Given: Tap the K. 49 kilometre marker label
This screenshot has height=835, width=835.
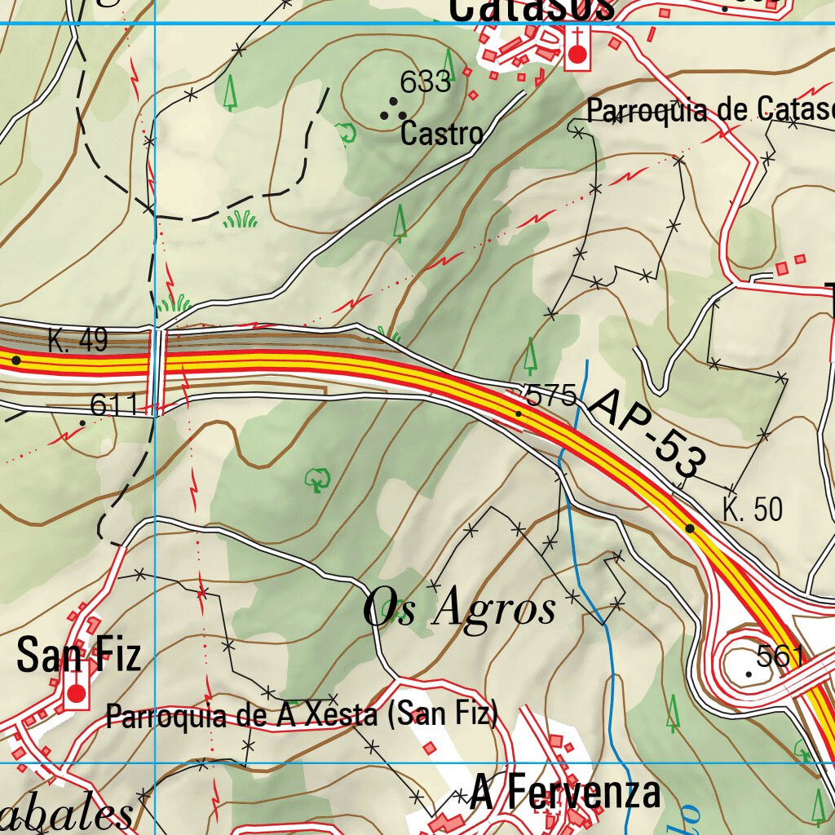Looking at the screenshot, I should (77, 340).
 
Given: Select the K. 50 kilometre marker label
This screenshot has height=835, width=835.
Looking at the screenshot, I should (752, 509).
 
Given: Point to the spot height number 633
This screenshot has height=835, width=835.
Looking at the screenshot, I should (425, 82).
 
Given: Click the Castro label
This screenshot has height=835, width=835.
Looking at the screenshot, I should (441, 133).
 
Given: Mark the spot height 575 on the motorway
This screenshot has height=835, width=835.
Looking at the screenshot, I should (551, 396).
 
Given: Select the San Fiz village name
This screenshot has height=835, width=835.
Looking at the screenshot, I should (79, 656).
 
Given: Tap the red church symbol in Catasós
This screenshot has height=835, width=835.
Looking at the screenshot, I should (577, 54).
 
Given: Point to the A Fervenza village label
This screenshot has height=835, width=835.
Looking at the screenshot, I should (565, 792).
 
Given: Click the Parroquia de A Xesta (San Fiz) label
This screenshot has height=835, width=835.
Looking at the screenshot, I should (302, 716).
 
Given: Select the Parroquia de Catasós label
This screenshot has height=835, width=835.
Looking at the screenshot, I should (709, 109).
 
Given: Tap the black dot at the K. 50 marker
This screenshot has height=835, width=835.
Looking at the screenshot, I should (690, 528).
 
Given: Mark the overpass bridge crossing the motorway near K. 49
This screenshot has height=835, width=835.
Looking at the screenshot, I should (158, 371).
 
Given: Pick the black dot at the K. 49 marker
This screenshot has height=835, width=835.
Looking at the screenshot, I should (15, 359).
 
